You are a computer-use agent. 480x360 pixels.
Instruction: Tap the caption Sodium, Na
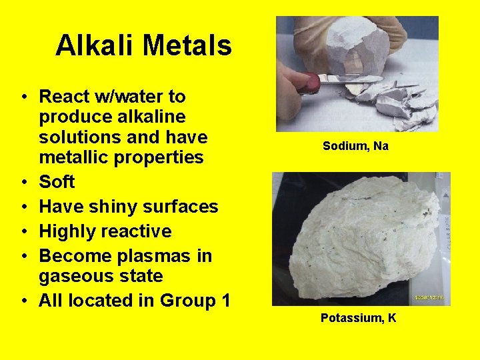coord(355,146)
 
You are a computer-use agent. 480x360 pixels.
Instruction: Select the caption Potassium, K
coord(358,318)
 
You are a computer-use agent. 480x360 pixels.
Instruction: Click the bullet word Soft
coord(57,182)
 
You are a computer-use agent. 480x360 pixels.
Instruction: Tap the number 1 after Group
coord(225,301)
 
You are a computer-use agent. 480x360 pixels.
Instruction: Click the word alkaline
coord(147,117)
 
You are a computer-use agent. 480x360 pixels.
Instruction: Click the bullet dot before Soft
coord(23,183)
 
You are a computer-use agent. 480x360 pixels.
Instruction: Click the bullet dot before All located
coord(23,301)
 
